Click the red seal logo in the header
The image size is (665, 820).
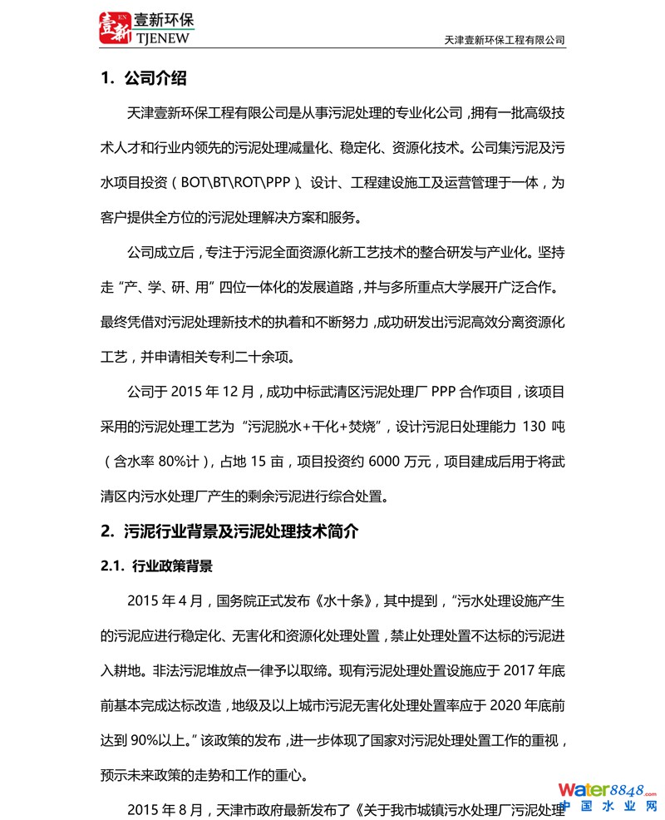(x=115, y=27)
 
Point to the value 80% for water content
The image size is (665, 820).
(x=182, y=462)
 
